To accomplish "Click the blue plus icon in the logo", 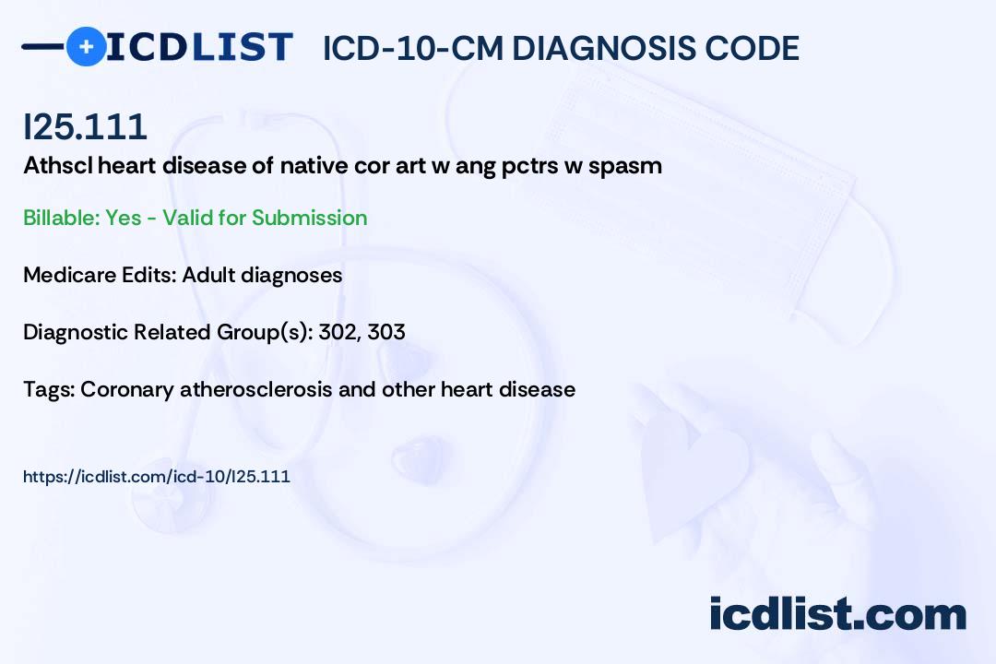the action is tap(86, 46).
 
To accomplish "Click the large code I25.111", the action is tap(85, 126).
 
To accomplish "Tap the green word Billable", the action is tap(61, 218).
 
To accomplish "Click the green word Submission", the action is tap(309, 218).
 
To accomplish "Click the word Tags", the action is tap(49, 389).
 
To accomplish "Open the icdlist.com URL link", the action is tap(156, 477).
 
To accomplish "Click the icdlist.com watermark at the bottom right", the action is tap(837, 613).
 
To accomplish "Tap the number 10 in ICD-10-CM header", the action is tap(413, 48).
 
